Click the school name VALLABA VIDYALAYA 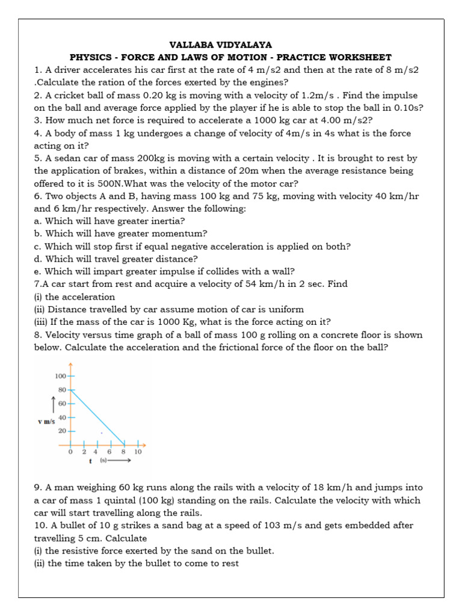point(221,45)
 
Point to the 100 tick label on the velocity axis point(60,376)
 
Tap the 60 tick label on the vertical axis point(62,404)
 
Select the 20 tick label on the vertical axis point(62,431)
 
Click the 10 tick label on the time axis point(138,452)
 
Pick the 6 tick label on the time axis point(109,452)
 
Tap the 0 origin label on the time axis point(70,452)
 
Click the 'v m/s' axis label point(46,422)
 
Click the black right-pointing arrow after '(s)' point(120,461)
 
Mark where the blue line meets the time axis point(125,445)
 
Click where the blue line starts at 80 point(71,390)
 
